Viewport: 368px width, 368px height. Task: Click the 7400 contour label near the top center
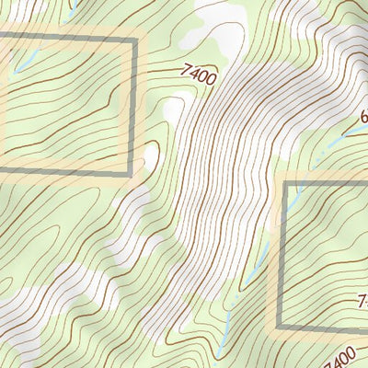click(200, 74)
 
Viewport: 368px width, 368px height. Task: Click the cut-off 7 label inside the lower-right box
click(362, 300)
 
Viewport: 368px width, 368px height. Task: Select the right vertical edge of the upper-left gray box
click(134, 106)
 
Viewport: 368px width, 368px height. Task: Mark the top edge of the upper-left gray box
click(64, 39)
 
